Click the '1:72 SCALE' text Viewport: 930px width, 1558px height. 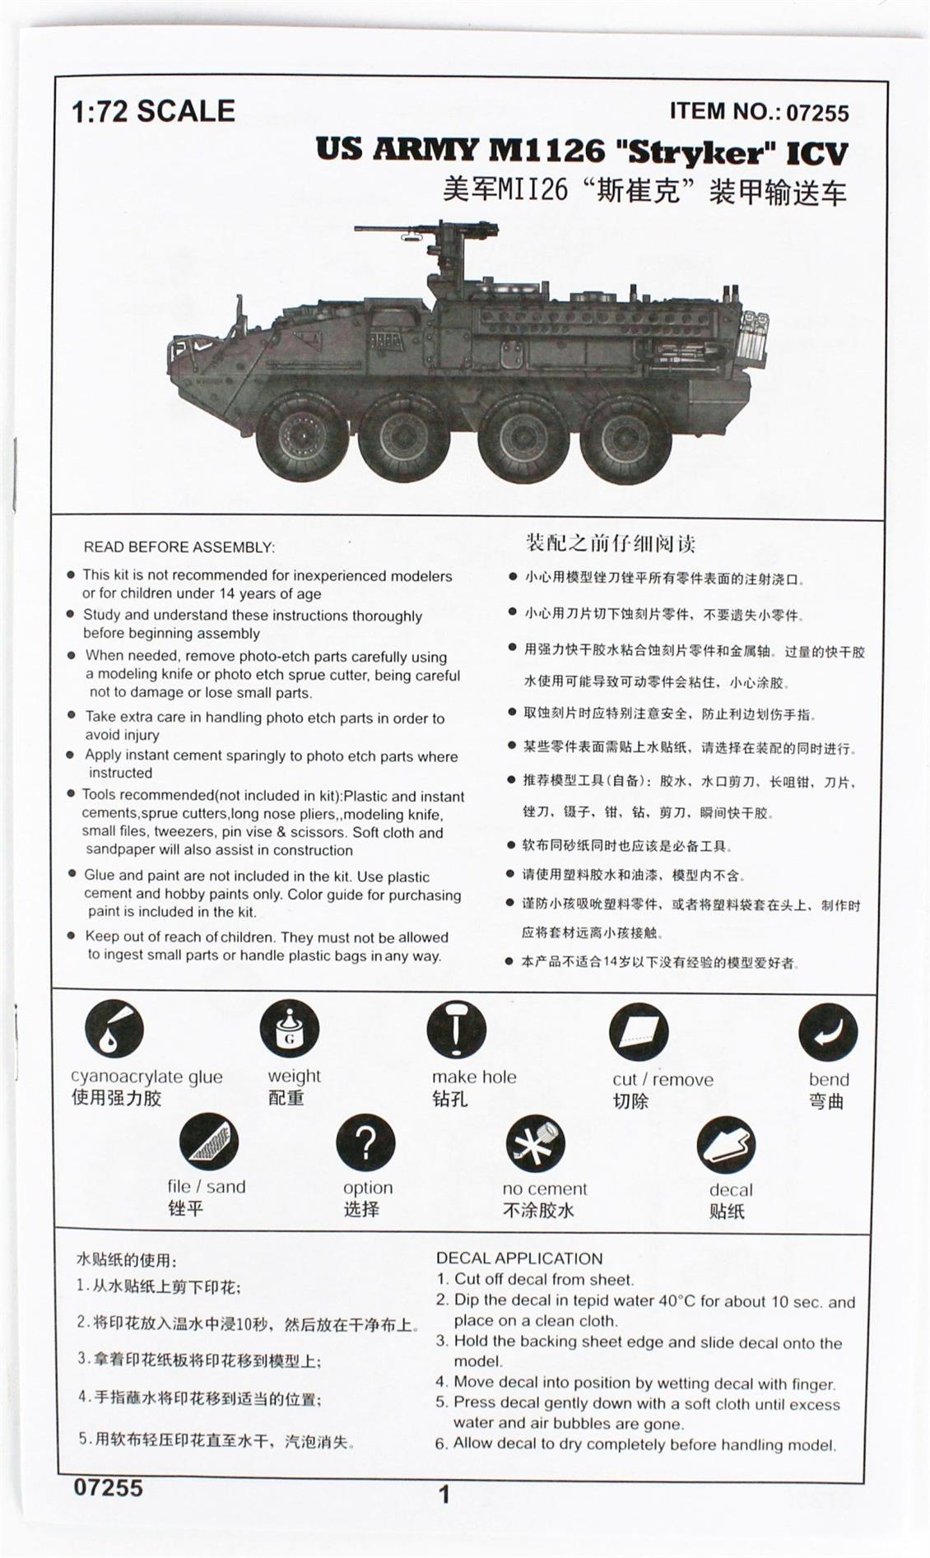[153, 111]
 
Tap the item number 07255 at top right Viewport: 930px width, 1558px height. [817, 113]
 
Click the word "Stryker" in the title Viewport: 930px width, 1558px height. [697, 151]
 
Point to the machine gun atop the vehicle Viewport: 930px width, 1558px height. [428, 231]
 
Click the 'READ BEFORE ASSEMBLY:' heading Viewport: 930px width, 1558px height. [179, 547]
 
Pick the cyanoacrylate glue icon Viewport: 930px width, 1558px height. [114, 1028]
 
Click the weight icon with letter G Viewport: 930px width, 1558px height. [290, 1029]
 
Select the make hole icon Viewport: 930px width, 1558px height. [457, 1030]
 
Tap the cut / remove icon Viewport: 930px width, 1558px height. [639, 1032]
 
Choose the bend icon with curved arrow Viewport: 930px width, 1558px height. [828, 1033]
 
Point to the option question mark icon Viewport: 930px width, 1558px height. [365, 1142]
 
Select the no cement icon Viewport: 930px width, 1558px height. [536, 1144]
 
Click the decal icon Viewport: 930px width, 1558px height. [726, 1146]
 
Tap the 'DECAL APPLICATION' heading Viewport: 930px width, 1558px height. [518, 1258]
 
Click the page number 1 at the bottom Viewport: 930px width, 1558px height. [445, 1495]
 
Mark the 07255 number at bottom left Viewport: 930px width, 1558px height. [108, 1487]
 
